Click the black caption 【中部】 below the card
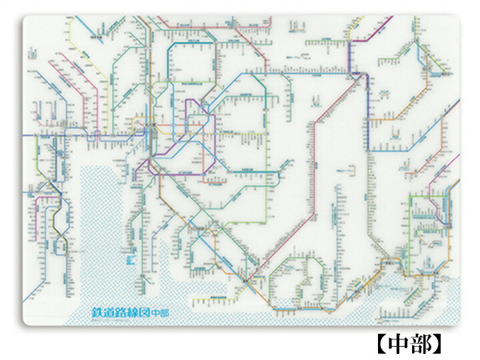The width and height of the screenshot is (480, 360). (407, 343)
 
